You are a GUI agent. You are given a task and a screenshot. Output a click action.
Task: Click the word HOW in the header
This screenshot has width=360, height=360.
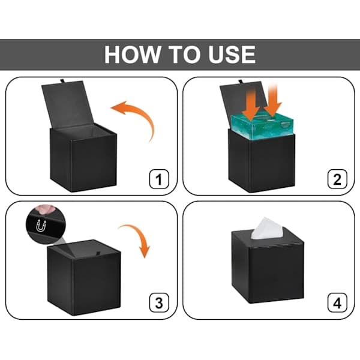(132, 55)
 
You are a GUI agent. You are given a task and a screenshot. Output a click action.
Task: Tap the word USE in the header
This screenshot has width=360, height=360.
(232, 55)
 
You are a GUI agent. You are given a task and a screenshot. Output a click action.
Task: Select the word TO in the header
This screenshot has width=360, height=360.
(184, 55)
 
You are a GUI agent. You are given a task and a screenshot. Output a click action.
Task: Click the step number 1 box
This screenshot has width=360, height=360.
(159, 179)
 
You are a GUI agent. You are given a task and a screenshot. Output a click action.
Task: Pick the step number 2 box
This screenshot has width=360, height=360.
(337, 179)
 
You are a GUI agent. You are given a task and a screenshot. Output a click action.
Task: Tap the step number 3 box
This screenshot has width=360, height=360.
(159, 303)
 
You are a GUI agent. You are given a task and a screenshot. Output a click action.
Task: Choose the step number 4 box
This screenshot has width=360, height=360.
(337, 303)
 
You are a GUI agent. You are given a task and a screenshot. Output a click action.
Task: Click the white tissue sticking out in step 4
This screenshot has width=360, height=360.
(267, 229)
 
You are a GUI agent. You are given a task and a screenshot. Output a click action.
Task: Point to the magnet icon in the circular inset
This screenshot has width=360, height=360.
(41, 226)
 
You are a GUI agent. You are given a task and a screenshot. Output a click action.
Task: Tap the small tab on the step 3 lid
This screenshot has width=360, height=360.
(98, 253)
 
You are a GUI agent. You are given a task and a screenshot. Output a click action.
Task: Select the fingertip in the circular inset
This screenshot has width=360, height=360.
(45, 209)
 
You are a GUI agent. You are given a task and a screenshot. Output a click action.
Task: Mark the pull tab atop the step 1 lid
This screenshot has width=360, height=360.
(62, 81)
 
